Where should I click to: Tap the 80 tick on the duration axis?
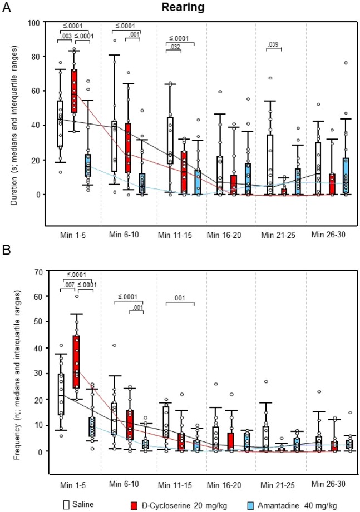(x=40, y=57)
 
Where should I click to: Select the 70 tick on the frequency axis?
(x=40, y=271)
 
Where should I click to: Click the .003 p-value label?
(x=66, y=37)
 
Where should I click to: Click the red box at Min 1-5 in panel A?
(x=73, y=91)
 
